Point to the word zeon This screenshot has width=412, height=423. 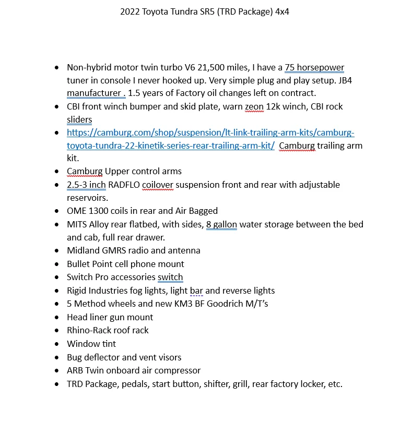coord(255,106)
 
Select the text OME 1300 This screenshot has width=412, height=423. coord(87,211)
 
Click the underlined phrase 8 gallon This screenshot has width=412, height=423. coord(221,224)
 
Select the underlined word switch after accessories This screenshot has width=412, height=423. coord(170,277)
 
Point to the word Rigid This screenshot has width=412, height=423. coord(77,291)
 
